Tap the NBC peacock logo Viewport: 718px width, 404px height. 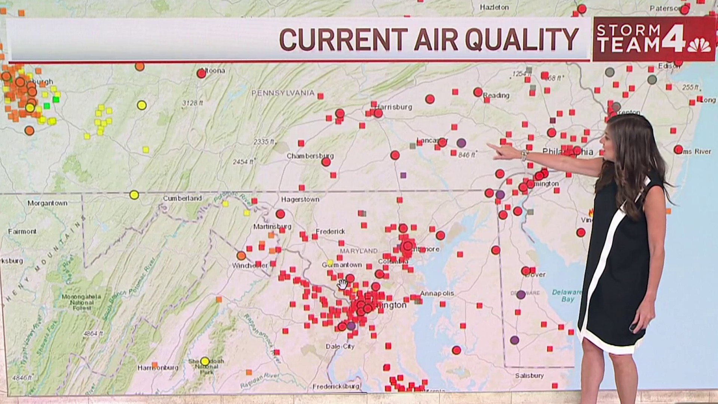[x=699, y=46]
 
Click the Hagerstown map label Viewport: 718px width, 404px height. [x=300, y=200]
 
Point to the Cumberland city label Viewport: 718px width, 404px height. [x=182, y=198]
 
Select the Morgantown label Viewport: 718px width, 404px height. [x=47, y=203]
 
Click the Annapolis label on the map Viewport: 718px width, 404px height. [x=437, y=293]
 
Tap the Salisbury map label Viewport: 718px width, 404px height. [x=529, y=376]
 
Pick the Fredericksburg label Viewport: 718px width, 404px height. [x=336, y=386]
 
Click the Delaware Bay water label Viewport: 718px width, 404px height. [x=567, y=296]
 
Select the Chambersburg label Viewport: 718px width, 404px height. [x=310, y=156]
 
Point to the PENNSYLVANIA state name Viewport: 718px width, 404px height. [x=283, y=93]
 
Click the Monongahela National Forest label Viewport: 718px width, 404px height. [x=82, y=302]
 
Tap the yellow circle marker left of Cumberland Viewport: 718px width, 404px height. [x=134, y=195]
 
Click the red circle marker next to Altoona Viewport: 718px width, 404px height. [x=202, y=73]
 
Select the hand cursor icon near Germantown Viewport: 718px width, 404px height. [x=343, y=284]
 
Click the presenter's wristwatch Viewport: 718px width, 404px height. [x=524, y=155]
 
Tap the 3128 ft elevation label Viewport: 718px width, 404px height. [x=193, y=103]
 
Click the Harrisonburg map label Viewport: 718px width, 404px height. [x=158, y=368]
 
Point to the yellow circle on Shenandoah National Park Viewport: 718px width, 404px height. [x=205, y=361]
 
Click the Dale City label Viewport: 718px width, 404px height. [x=340, y=346]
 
